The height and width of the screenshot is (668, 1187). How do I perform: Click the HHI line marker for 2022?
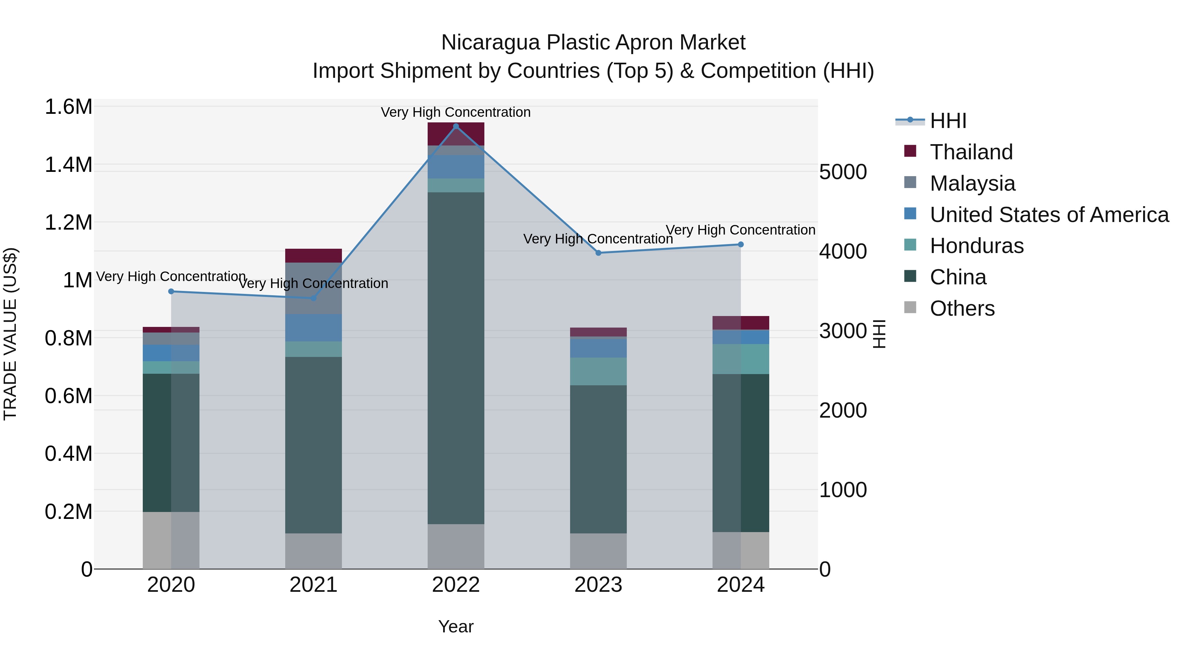[456, 126]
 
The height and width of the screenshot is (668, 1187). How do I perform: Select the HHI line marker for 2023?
[598, 253]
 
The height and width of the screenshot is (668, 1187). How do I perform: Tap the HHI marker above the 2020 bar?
[171, 291]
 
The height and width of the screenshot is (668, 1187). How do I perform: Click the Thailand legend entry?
[971, 152]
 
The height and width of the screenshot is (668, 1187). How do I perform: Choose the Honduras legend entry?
[976, 246]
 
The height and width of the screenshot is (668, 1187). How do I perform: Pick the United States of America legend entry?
[1049, 215]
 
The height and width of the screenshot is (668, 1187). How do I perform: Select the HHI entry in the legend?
[948, 121]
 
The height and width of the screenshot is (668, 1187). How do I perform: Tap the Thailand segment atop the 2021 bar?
[313, 255]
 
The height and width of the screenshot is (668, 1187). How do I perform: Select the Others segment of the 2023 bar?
[598, 551]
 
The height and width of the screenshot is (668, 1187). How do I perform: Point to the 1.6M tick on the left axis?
[68, 107]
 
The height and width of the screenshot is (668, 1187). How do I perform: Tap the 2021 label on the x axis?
[313, 585]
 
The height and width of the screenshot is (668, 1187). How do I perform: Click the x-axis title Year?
[456, 626]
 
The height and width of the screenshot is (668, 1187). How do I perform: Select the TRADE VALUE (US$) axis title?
[10, 334]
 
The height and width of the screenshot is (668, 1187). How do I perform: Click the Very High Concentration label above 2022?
[456, 112]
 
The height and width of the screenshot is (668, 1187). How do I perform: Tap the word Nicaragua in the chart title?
[490, 43]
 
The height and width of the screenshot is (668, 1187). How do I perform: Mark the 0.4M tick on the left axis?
[68, 454]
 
